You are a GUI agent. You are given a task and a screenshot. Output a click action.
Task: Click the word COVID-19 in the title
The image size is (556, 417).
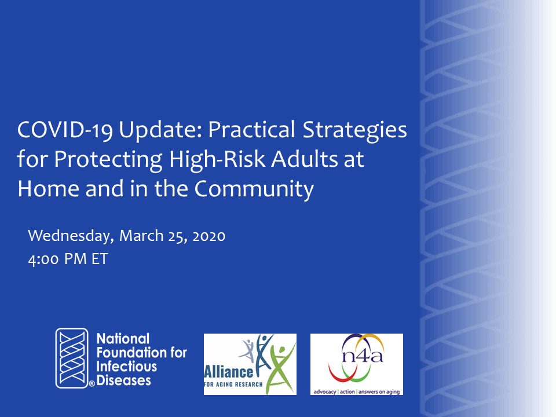point(65,130)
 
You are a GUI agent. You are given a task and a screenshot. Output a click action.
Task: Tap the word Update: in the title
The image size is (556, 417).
point(160,130)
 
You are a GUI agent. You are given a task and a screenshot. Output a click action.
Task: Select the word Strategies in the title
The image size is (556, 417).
point(354,130)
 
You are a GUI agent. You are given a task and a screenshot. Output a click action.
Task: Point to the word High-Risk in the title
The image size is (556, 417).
point(217,160)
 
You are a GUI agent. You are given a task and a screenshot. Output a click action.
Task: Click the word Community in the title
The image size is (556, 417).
point(254,189)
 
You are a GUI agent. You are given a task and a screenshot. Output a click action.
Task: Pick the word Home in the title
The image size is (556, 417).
point(48,189)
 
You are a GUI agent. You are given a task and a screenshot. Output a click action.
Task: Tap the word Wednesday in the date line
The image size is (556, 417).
point(71,236)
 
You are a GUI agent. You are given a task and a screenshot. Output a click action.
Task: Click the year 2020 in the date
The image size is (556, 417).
point(209,236)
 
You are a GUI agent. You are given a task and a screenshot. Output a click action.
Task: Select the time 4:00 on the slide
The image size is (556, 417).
point(43,259)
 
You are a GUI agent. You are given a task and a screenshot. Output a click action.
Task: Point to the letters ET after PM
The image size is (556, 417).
point(100,259)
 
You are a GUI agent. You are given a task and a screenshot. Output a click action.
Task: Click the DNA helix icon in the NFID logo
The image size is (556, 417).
point(72,358)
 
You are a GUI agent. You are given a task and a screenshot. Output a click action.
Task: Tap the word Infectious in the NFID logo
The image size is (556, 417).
point(127,367)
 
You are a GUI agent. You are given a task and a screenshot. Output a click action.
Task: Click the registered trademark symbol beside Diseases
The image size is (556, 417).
point(92,383)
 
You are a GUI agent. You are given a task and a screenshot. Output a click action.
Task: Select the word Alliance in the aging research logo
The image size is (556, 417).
point(229,372)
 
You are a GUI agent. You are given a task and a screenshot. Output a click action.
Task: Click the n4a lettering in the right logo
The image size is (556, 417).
point(363,355)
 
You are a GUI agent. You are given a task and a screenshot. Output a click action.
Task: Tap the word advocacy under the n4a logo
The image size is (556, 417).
point(325,392)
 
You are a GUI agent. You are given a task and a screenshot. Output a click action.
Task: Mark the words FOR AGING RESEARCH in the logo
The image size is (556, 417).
point(233,385)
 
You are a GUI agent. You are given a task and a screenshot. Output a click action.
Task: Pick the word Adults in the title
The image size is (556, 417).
point(304,160)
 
